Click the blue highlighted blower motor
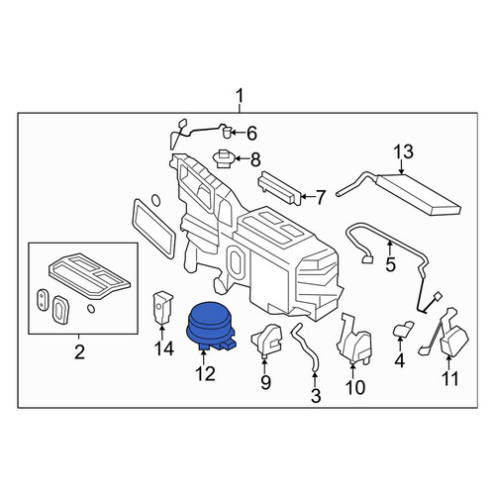click(x=210, y=326)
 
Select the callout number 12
click(x=205, y=374)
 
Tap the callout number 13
click(x=403, y=152)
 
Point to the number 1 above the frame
click(x=240, y=97)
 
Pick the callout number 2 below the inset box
click(x=79, y=351)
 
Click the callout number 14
click(x=164, y=348)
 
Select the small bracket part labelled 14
click(x=162, y=308)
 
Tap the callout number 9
click(x=265, y=382)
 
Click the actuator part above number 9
click(x=267, y=341)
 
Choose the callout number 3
click(x=316, y=396)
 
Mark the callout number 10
click(x=355, y=387)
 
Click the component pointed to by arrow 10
click(x=354, y=340)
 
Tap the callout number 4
click(x=400, y=361)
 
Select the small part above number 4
click(x=403, y=330)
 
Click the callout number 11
click(x=449, y=378)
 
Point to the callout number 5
click(x=390, y=265)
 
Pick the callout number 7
click(x=321, y=197)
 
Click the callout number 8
click(x=255, y=160)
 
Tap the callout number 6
click(x=251, y=134)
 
